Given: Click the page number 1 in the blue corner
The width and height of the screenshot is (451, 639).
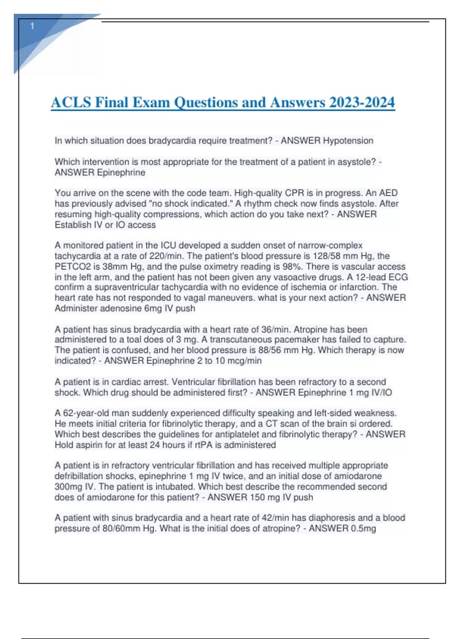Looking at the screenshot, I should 32,26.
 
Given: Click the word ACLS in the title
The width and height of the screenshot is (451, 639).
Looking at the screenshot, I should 71,102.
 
